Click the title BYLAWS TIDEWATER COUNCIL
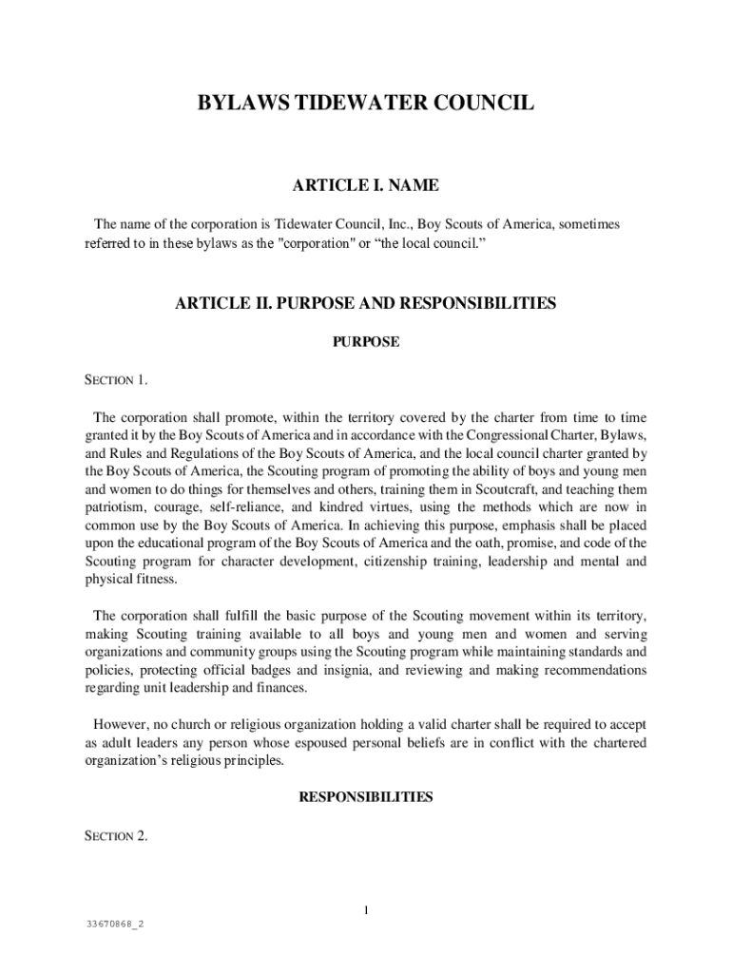pyautogui.click(x=365, y=103)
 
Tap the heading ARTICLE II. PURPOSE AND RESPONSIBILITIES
pyautogui.click(x=365, y=304)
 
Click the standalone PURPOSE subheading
pyautogui.click(x=365, y=342)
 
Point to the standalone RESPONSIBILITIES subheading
pyautogui.click(x=365, y=797)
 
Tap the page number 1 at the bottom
pyautogui.click(x=365, y=911)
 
